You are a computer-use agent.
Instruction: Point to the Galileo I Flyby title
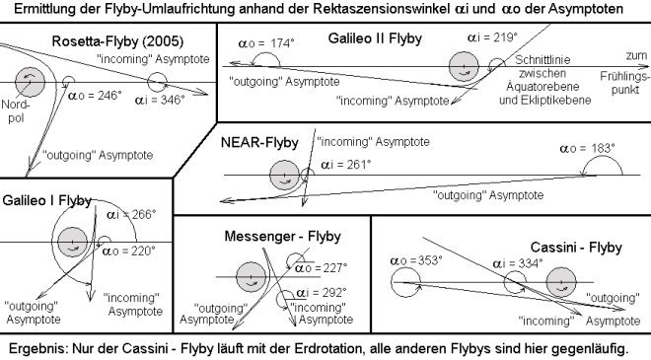(x=47, y=200)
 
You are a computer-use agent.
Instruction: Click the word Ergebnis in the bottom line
(x=36, y=348)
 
